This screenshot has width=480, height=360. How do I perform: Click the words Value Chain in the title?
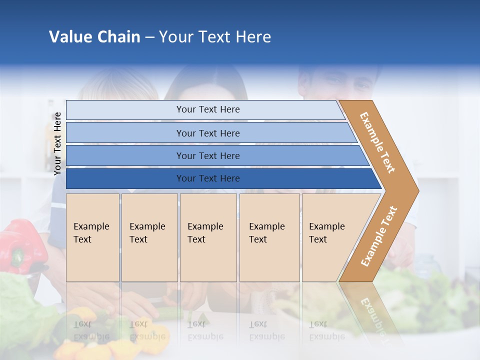tap(94, 37)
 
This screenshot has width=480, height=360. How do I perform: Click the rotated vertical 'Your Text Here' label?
tap(57, 143)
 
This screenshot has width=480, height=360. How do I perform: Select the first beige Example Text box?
tap(92, 237)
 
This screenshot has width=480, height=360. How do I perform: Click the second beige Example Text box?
tap(149, 237)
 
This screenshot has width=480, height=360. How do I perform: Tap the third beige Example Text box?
tap(208, 237)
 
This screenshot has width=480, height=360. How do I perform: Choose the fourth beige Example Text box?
tap(269, 237)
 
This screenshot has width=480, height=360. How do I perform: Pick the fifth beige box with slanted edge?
tap(330, 237)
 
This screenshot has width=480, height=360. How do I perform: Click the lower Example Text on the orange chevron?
tap(378, 236)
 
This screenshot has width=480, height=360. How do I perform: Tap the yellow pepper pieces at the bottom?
tap(85, 345)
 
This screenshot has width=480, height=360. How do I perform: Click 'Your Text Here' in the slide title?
tap(215, 37)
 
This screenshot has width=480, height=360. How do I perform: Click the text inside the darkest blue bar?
tap(208, 178)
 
